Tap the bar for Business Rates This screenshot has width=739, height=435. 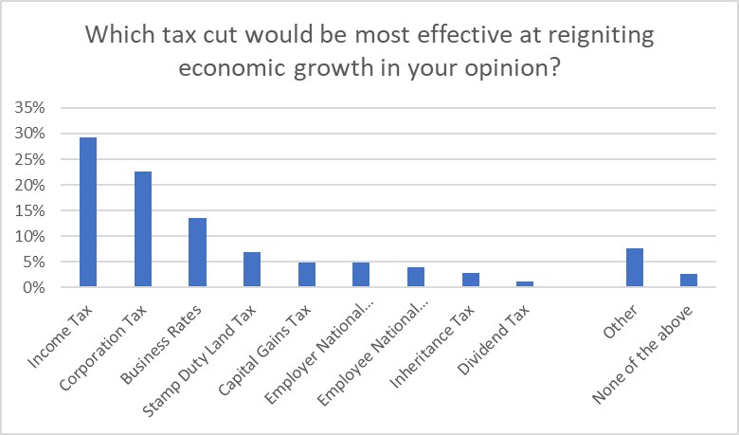click(197, 252)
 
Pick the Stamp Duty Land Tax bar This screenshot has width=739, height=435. click(252, 269)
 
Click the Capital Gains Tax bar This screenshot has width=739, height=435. click(306, 275)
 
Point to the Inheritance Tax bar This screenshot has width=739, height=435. click(471, 280)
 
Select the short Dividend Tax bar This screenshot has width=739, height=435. click(526, 283)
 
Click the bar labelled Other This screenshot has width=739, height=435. click(635, 267)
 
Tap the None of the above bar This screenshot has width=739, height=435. click(690, 280)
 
